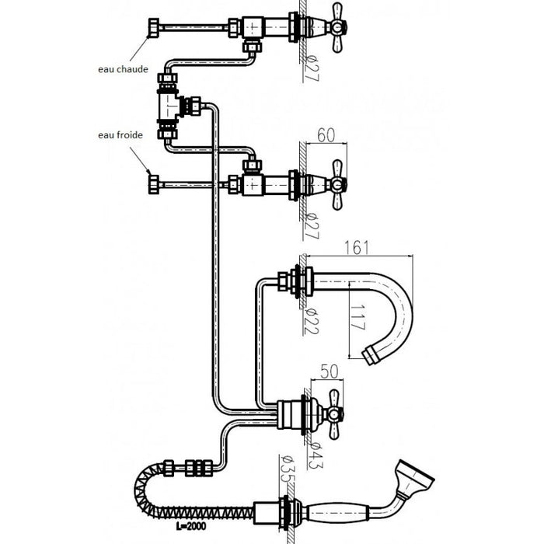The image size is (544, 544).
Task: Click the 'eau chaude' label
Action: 123,69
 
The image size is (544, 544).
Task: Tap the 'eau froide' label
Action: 120,135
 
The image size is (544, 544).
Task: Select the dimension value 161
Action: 357,248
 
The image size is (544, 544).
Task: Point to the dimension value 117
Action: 357,317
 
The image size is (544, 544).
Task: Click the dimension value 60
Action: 326,135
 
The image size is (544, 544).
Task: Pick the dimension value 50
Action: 329,371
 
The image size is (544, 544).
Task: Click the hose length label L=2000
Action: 191,526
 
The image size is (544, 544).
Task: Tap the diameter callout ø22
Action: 311,321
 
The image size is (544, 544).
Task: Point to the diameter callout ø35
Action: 287,469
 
